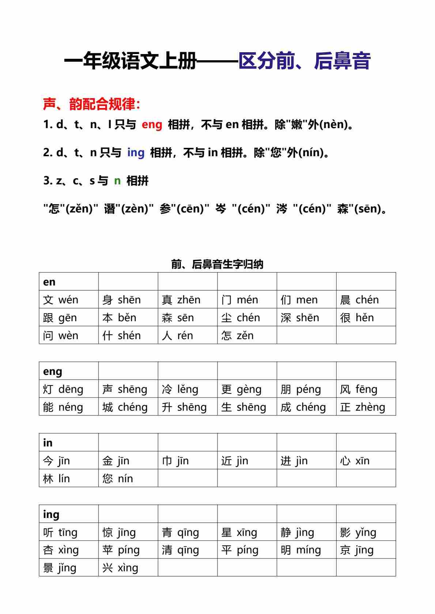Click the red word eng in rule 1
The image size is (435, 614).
[x=152, y=124]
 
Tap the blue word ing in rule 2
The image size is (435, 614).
[x=136, y=152]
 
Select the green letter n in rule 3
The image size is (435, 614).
[x=117, y=180]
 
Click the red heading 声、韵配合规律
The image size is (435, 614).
[x=91, y=104]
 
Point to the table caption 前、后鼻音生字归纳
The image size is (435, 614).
[x=217, y=264]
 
